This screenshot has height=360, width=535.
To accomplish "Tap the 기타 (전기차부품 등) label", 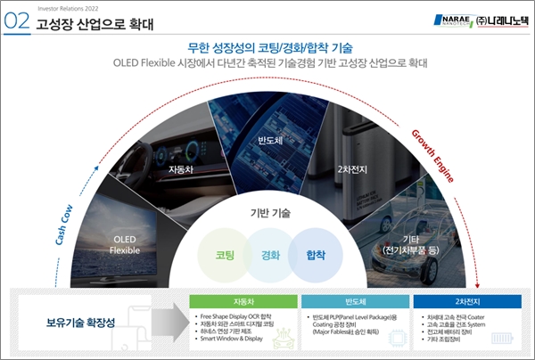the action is coord(410,243).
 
